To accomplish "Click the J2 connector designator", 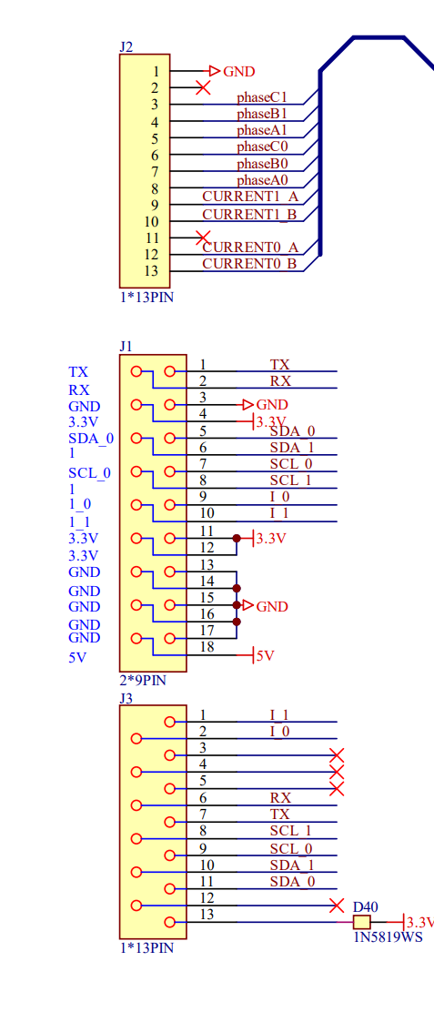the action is coord(126,46).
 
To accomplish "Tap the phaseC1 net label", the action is coord(261,97).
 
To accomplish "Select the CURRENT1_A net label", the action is coord(250,197).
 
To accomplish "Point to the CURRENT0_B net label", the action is coord(249,263).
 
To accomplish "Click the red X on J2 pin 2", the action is coord(203,87).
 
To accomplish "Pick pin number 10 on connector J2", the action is coord(151,222).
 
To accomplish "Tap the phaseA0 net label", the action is coord(262,180).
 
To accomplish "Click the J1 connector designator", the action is coord(126,346).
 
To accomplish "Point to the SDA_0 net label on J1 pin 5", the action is coord(292,430).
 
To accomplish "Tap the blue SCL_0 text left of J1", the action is coord(90,473).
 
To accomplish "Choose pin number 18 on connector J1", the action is coord(207,647).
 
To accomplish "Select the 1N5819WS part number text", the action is coord(389,937).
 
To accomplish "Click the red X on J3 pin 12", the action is coord(337,906).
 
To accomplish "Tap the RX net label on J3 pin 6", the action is coord(280,798).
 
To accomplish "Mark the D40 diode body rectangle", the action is coord(362,922).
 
